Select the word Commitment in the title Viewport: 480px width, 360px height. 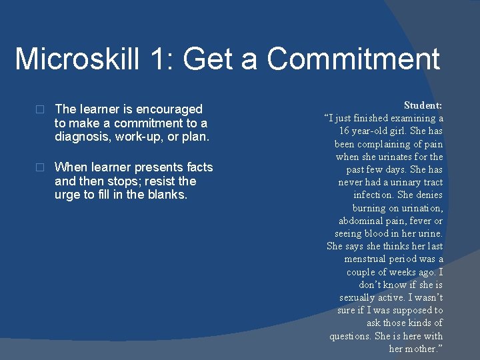[353, 59]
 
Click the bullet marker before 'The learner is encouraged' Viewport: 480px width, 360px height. [40, 109]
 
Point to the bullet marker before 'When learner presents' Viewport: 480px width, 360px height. [40, 167]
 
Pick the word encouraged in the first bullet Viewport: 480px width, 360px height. [170, 109]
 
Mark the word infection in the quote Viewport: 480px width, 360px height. [373, 195]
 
